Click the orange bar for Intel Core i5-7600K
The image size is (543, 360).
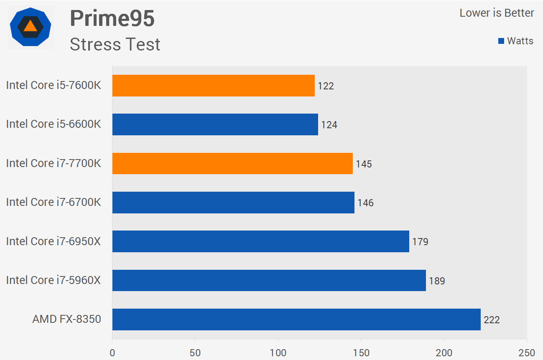pyautogui.click(x=213, y=86)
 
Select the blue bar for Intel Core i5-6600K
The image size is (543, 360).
pyautogui.click(x=215, y=124)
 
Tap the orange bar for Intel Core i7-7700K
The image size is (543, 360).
pyautogui.click(x=232, y=163)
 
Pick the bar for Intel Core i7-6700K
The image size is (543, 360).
pyautogui.click(x=233, y=203)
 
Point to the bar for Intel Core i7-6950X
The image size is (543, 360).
pyautogui.click(x=260, y=241)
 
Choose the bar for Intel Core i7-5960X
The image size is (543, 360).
pyautogui.click(x=269, y=280)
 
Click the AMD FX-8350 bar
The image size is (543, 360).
pyautogui.click(x=296, y=319)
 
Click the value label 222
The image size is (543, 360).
pyautogui.click(x=492, y=320)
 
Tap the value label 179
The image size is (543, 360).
pyautogui.click(x=420, y=242)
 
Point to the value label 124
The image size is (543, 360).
pyautogui.click(x=329, y=125)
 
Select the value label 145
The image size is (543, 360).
pyautogui.click(x=364, y=164)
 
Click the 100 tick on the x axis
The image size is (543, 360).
pyautogui.click(x=278, y=353)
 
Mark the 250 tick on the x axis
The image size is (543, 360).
pyautogui.click(x=526, y=353)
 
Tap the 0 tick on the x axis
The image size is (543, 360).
pyautogui.click(x=112, y=353)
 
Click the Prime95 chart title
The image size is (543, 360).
pyautogui.click(x=112, y=18)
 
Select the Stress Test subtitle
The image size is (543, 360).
pyautogui.click(x=115, y=44)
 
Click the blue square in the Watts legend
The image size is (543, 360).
pyautogui.click(x=501, y=41)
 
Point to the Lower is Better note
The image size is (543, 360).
pyautogui.click(x=497, y=13)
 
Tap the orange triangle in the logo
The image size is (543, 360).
pyautogui.click(x=31, y=26)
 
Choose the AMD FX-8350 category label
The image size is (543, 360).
pyautogui.click(x=67, y=319)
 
